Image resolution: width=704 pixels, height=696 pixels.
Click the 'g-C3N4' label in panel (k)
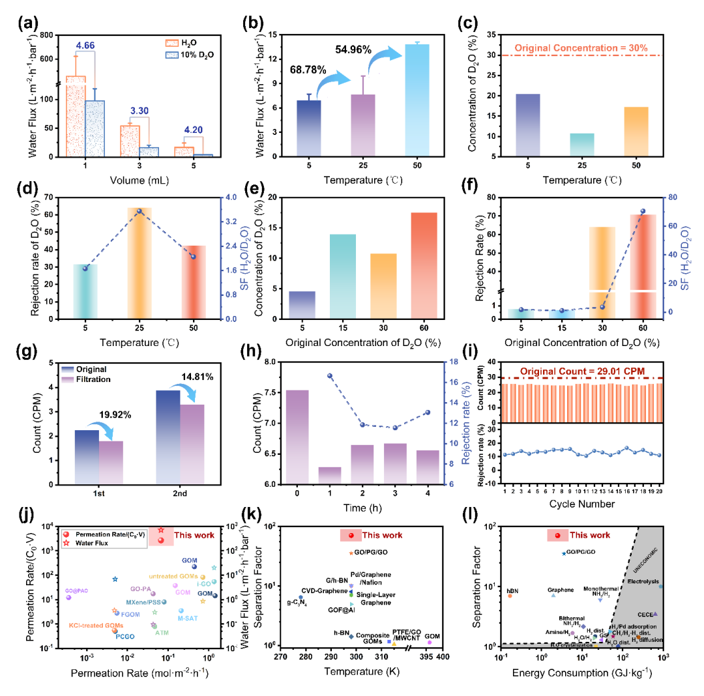click(297, 603)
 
